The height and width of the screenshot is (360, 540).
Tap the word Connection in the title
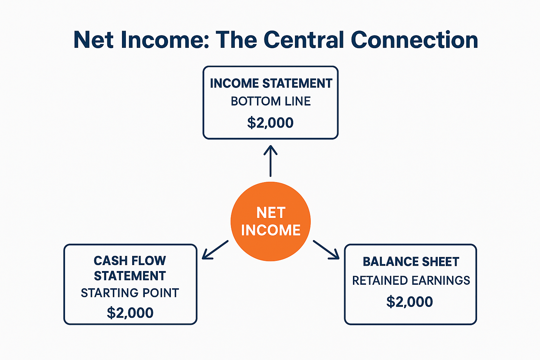(414, 40)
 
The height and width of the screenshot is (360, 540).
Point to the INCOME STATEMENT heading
(271, 83)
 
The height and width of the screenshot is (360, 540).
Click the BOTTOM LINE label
(271, 101)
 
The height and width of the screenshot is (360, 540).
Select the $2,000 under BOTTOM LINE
(270, 123)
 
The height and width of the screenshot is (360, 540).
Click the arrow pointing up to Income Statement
(270, 161)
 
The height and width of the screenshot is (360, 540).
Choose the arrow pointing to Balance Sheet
(327, 250)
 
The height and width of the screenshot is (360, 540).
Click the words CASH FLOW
(130, 261)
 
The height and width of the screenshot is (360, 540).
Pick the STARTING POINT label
(130, 293)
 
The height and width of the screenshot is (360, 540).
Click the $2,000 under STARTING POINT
(130, 313)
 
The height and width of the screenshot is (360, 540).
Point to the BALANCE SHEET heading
(411, 262)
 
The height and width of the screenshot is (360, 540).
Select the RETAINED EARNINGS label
(411, 281)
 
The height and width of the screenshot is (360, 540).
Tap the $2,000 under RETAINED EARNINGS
(410, 302)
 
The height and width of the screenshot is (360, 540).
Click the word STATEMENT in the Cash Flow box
(130, 276)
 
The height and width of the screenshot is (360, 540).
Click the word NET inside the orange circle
(271, 213)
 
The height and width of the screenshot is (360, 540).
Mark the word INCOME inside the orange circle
(271, 230)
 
